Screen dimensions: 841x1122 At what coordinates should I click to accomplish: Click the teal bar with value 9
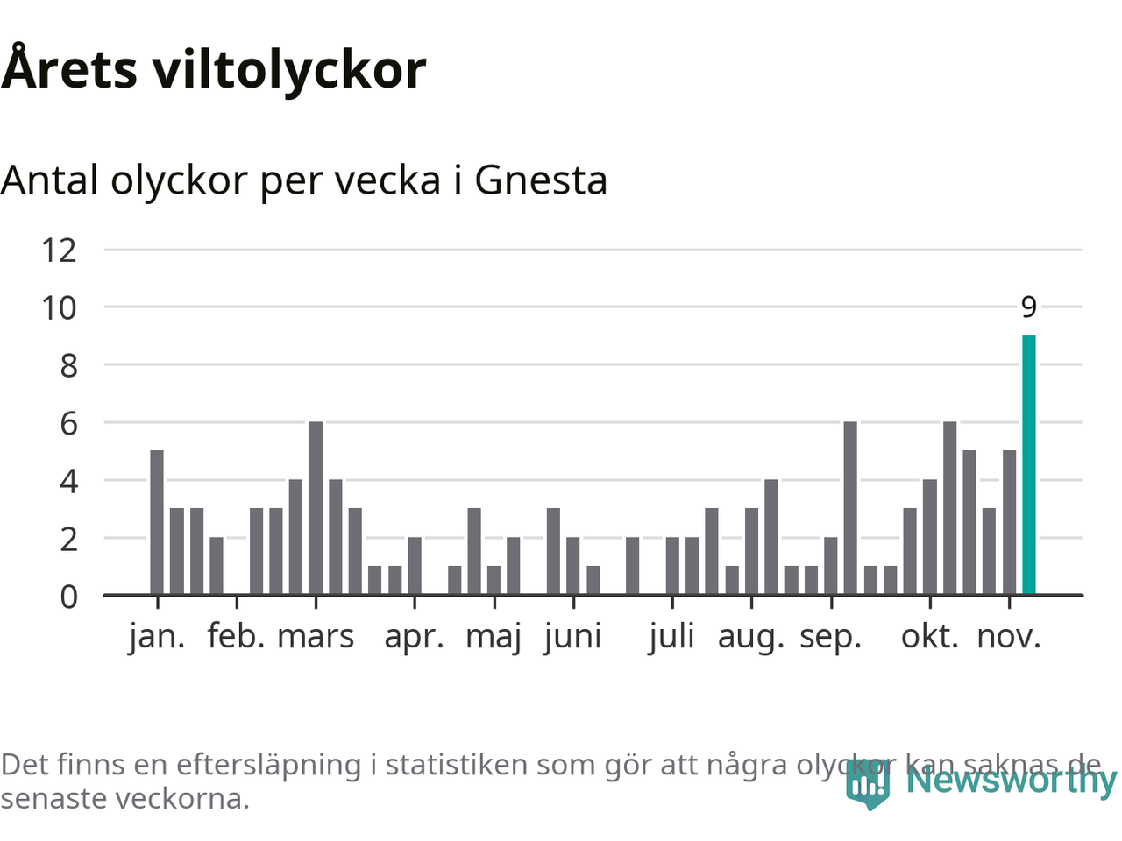pyautogui.click(x=1028, y=464)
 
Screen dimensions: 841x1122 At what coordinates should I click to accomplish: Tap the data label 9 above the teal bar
pyautogui.click(x=1028, y=307)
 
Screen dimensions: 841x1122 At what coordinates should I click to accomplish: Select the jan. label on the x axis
pyautogui.click(x=157, y=637)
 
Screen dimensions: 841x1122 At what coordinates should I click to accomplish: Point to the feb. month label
pyautogui.click(x=236, y=637)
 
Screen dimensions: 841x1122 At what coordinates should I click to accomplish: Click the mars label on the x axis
pyautogui.click(x=316, y=637)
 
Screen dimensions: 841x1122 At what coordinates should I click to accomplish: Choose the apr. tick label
pyautogui.click(x=414, y=637)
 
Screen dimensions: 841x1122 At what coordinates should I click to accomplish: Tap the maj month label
pyautogui.click(x=494, y=637)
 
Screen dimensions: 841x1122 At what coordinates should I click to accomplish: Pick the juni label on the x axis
pyautogui.click(x=573, y=637)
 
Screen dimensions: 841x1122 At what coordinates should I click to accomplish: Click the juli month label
pyautogui.click(x=671, y=637)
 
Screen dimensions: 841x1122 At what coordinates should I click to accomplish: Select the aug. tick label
pyautogui.click(x=750, y=637)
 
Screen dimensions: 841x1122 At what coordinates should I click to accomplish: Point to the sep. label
pyautogui.click(x=830, y=637)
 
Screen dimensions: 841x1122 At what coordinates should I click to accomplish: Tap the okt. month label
pyautogui.click(x=930, y=637)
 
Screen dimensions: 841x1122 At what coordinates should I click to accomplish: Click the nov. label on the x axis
pyautogui.click(x=1009, y=637)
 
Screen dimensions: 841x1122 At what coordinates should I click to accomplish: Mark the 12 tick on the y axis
pyautogui.click(x=60, y=251)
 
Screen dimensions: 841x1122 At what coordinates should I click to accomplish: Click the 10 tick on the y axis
pyautogui.click(x=60, y=308)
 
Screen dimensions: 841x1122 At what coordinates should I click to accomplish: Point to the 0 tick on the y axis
pyautogui.click(x=68, y=597)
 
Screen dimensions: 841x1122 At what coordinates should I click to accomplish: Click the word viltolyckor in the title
pyautogui.click(x=290, y=70)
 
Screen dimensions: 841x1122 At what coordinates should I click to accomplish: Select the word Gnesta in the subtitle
pyautogui.click(x=541, y=180)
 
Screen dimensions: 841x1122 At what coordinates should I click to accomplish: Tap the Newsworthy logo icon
pyautogui.click(x=868, y=785)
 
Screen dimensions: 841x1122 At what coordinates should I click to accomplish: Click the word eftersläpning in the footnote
pyautogui.click(x=268, y=765)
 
